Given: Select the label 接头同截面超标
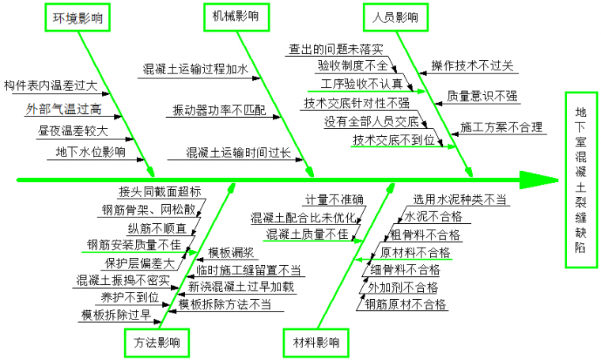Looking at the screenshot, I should pyautogui.click(x=160, y=191).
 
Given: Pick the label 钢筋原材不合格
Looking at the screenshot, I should pyautogui.click(x=406, y=304).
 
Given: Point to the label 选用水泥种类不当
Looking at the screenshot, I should pyautogui.click(x=459, y=199).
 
